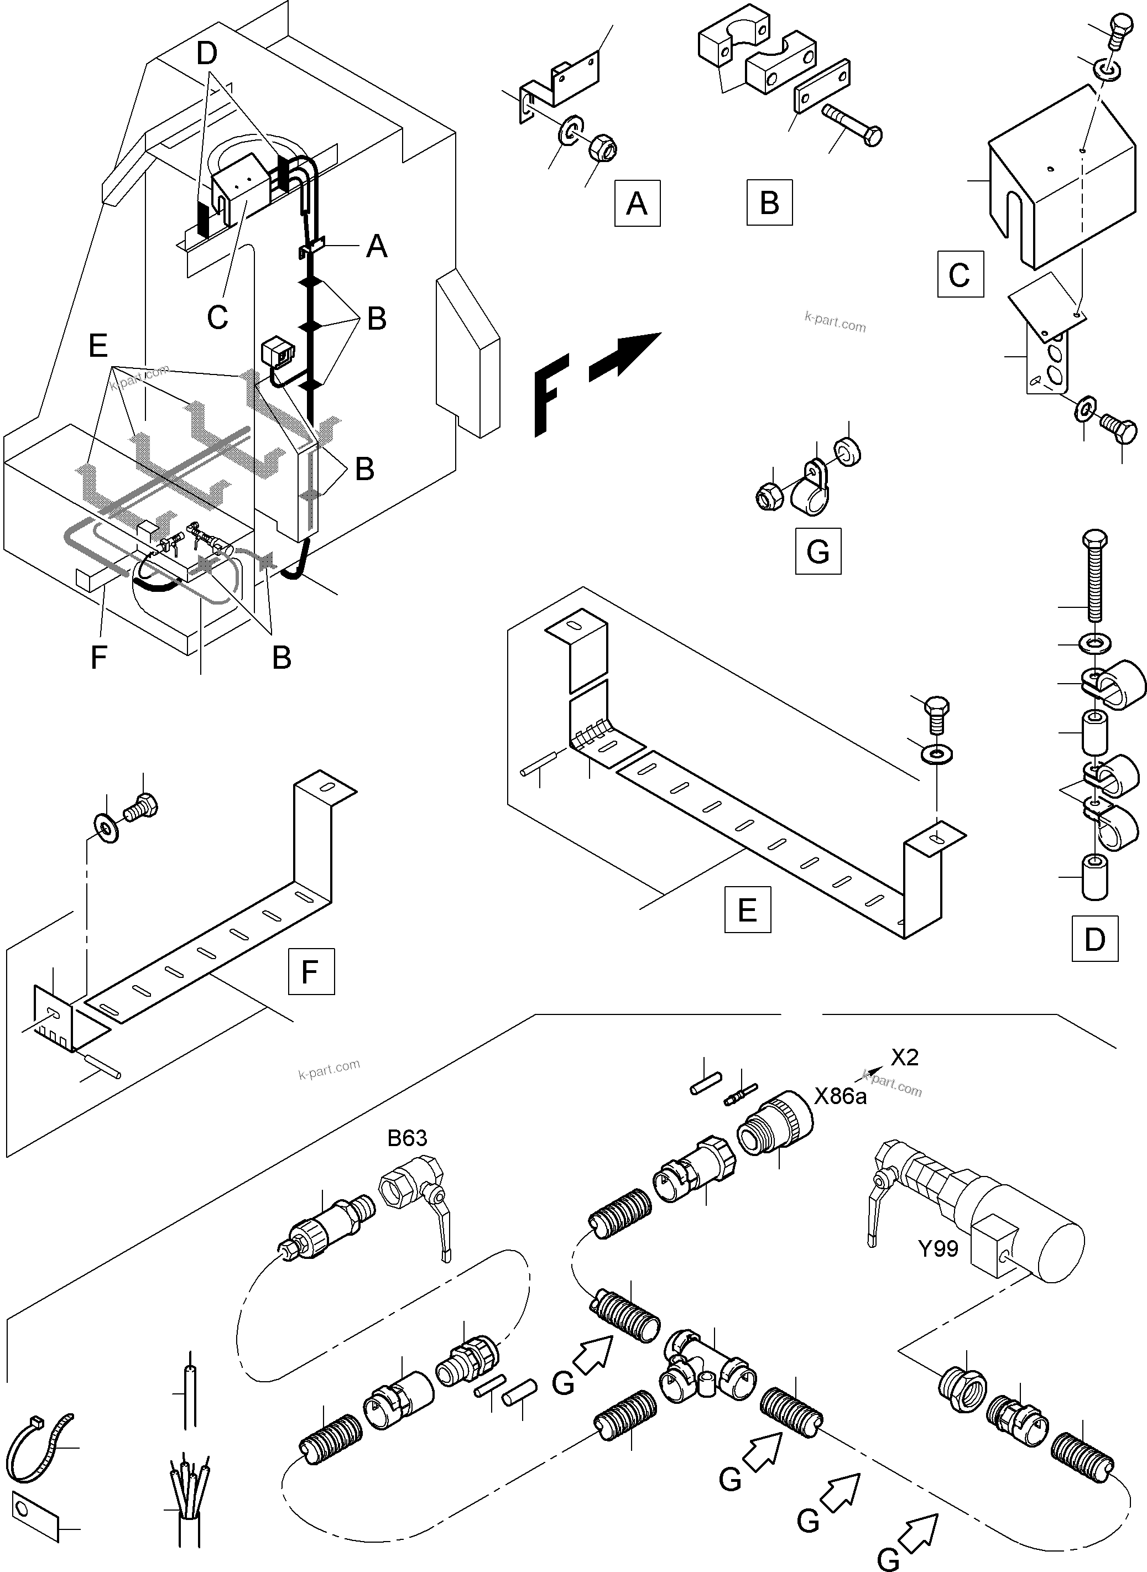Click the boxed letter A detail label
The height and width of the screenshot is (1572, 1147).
coord(637,204)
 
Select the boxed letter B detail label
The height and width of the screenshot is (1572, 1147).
coord(769,203)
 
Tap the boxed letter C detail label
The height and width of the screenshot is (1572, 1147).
coord(960,274)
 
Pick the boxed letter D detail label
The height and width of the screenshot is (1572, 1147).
coord(1094,938)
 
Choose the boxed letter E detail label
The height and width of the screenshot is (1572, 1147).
coord(747,908)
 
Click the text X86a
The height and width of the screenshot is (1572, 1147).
coord(840,1097)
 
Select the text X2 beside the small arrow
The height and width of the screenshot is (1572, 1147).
coord(905,1057)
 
